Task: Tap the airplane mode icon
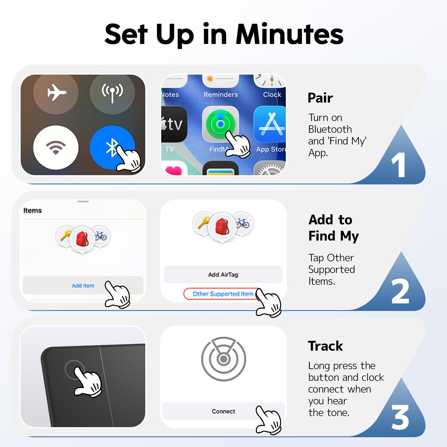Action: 57,92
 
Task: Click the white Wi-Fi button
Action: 56,147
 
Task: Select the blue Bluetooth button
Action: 112,147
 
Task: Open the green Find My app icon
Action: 220,124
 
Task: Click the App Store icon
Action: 270,124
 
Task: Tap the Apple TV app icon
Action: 174,124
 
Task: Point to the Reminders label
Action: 221,95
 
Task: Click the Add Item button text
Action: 83,286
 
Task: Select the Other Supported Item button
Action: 223,294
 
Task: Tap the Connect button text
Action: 223,411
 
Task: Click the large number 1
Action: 399,165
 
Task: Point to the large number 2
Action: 400,291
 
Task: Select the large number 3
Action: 400,417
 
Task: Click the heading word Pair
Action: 320,98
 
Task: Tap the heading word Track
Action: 325,346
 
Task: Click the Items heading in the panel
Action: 32,210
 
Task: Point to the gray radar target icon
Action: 223,359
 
